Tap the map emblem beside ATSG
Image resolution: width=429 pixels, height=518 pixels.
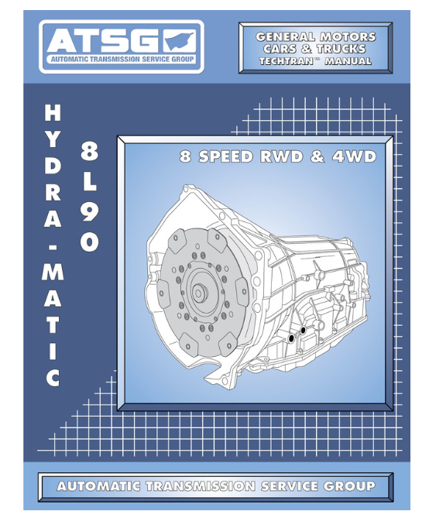[180, 40]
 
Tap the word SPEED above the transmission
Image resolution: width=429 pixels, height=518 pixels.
[225, 156]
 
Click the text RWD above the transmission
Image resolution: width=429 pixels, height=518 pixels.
[282, 156]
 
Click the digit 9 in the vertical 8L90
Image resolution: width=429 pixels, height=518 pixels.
[89, 211]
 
